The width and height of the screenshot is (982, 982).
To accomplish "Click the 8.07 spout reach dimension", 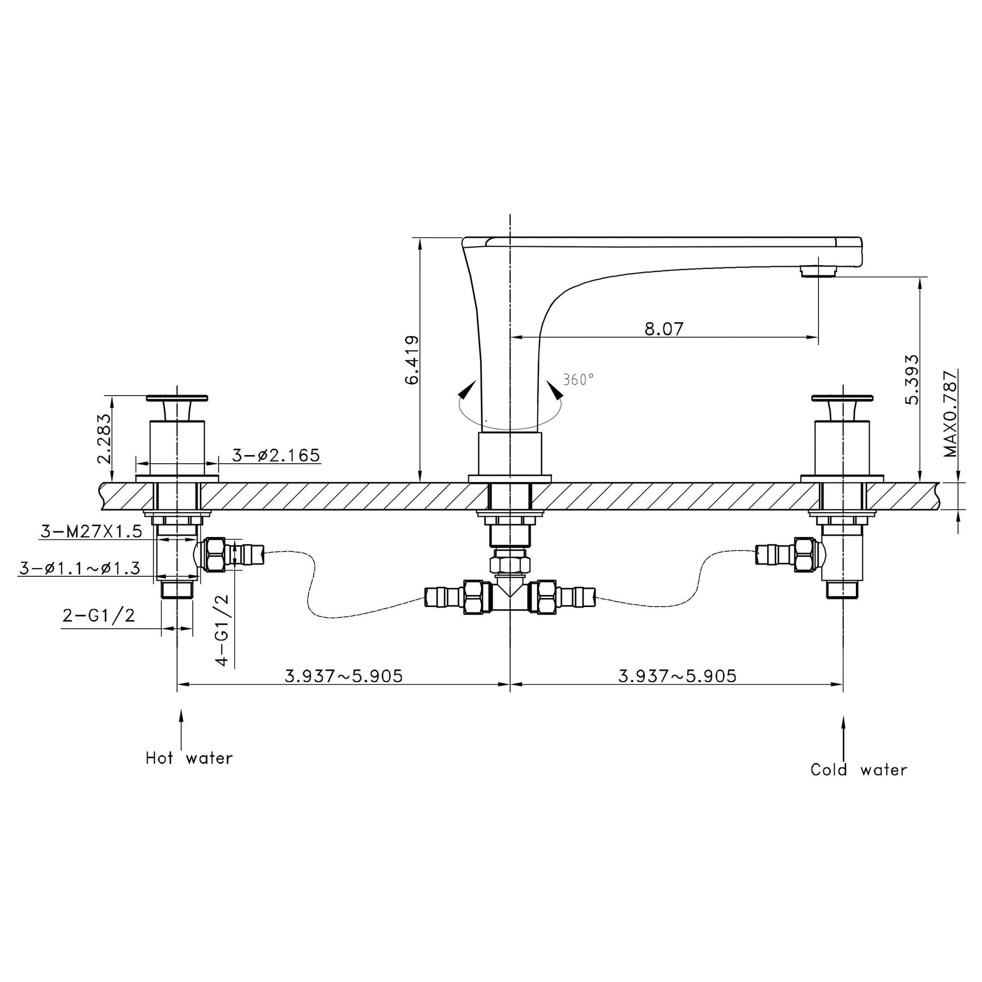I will point(664,329).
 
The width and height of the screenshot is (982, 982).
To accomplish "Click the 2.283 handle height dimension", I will point(103,439).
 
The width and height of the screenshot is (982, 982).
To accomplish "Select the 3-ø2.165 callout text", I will point(276,455).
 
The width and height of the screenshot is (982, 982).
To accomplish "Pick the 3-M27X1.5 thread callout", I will point(90,532).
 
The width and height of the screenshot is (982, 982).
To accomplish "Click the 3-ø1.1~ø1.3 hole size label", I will point(79,568).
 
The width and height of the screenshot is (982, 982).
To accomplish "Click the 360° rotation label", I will point(578,379).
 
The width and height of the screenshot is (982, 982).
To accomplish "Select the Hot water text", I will point(189,758).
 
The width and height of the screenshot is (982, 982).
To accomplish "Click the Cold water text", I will point(858,770).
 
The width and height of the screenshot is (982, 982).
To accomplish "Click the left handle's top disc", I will point(177,397).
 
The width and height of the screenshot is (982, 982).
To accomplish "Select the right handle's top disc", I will point(842,397).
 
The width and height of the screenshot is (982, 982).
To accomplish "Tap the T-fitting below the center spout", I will point(510,598).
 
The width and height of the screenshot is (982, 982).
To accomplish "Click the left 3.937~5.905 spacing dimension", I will point(344,676).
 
